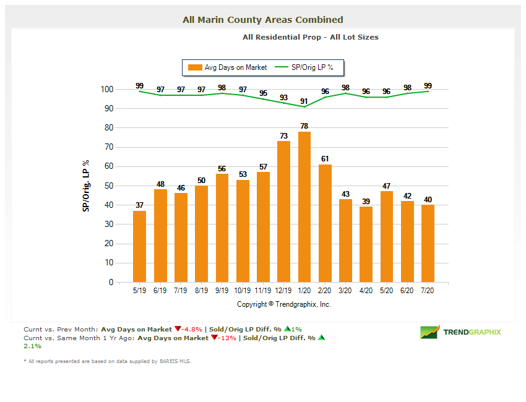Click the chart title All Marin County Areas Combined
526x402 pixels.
pyautogui.click(x=262, y=20)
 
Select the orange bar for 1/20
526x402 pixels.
pyautogui.click(x=304, y=207)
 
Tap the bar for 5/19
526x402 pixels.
pyautogui.click(x=140, y=246)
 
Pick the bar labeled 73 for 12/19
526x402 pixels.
pyautogui.click(x=283, y=212)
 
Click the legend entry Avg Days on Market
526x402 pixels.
pyautogui.click(x=228, y=67)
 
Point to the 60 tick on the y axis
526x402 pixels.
pyautogui.click(x=108, y=166)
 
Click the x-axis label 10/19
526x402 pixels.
pyautogui.click(x=243, y=289)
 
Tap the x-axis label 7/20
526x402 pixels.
pyautogui.click(x=428, y=289)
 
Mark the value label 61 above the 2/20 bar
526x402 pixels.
pyautogui.click(x=325, y=159)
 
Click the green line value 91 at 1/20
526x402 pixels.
pyautogui.click(x=304, y=101)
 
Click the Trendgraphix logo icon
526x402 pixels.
pyautogui.click(x=429, y=332)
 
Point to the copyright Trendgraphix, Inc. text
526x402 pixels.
pyautogui.click(x=284, y=304)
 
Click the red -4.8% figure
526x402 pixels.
pyautogui.click(x=192, y=330)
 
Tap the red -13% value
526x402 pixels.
pyautogui.click(x=226, y=338)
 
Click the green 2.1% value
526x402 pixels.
pyautogui.click(x=32, y=346)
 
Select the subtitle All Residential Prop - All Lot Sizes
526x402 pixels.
pyautogui.click(x=310, y=37)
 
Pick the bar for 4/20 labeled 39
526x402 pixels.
pyautogui.click(x=366, y=244)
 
